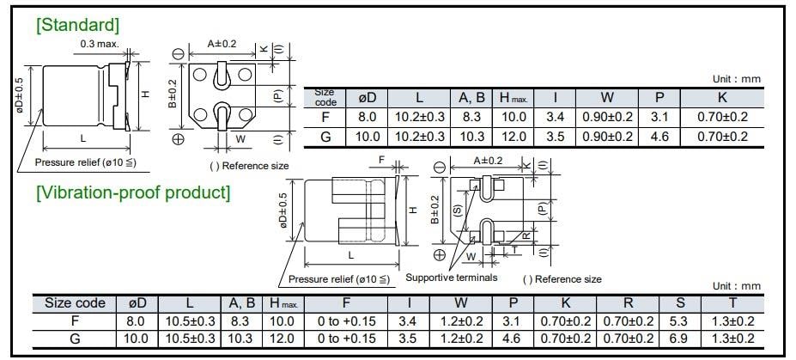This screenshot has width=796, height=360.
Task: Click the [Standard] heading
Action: (x=77, y=24)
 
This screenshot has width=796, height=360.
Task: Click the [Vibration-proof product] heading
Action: (x=133, y=192)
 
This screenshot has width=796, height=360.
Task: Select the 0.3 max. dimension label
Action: (x=100, y=44)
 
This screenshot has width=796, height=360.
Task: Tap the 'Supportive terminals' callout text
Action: (x=451, y=278)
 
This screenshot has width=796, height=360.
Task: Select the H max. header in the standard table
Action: (x=517, y=98)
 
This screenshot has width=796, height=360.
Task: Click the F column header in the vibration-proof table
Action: (x=346, y=303)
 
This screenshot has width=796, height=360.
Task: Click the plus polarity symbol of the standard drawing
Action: (x=178, y=139)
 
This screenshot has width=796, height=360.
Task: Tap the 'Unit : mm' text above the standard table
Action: (x=737, y=79)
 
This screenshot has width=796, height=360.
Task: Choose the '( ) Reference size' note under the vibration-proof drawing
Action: (x=562, y=279)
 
